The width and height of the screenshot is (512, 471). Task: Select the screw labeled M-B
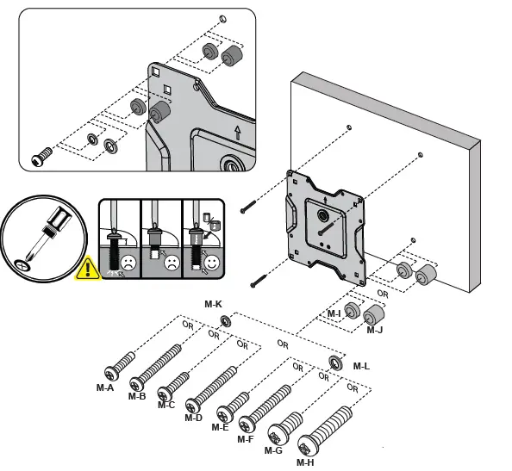[156, 365]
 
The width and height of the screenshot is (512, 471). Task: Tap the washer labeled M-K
[226, 321]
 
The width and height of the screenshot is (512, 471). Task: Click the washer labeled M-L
[334, 360]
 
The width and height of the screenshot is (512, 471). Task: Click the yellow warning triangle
[89, 270]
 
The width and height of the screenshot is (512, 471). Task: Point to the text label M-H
[305, 462]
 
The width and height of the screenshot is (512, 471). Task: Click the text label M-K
[213, 304]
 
